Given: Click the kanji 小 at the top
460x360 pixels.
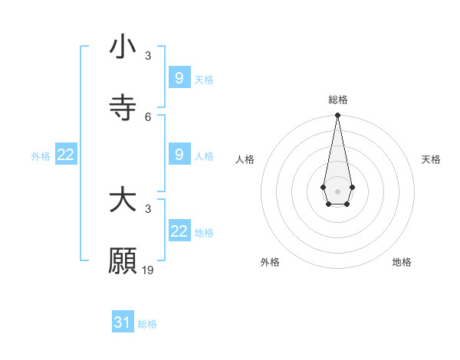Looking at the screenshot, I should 123,47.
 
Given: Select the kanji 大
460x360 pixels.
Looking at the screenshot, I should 123,201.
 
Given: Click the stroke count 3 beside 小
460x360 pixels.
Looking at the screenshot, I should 148,56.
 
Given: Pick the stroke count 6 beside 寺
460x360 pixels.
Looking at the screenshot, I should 148,116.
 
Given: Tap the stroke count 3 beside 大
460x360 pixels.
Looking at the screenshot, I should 148,208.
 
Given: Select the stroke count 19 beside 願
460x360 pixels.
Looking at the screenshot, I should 149,270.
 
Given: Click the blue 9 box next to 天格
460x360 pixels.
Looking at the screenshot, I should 179,77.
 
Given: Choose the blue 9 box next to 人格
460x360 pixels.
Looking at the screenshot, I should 179,155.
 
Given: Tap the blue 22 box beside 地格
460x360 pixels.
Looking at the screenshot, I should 179,231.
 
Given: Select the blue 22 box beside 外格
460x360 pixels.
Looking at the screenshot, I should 66,155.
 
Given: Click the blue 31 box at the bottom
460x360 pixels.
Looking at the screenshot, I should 123,322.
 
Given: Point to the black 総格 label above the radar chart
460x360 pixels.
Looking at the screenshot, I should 338,100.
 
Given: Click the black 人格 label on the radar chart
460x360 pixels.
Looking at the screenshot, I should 245,159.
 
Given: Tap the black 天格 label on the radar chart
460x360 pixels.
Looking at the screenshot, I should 431,159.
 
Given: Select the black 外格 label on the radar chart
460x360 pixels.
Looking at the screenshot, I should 270,262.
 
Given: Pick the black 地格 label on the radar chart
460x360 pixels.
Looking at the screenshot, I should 402,262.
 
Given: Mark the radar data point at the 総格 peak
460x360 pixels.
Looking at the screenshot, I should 337,116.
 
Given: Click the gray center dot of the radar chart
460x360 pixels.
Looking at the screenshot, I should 337,190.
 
